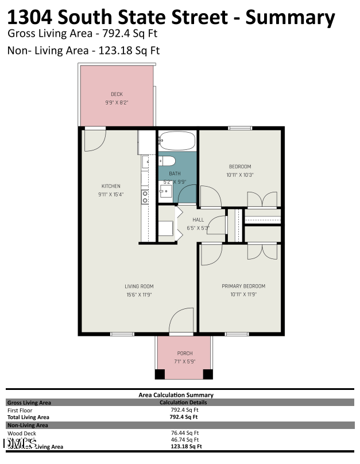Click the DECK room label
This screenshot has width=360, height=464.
pyautogui.click(x=117, y=94)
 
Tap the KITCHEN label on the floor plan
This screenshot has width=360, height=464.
pyautogui.click(x=111, y=186)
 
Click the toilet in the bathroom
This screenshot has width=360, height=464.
pyautogui.click(x=167, y=160)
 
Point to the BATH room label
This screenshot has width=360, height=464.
pyautogui.click(x=175, y=173)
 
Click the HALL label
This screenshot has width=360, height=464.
pyautogui.click(x=198, y=219)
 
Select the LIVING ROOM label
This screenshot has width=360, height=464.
pyautogui.click(x=139, y=286)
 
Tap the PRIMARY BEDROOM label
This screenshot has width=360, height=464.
pyautogui.click(x=243, y=286)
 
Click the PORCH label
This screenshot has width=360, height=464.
pyautogui.click(x=185, y=353)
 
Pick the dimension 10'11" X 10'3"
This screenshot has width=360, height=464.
pyautogui.click(x=240, y=175)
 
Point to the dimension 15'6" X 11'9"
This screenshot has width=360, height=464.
pyautogui.click(x=139, y=295)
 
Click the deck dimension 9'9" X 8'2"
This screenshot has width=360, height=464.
pyautogui.click(x=117, y=102)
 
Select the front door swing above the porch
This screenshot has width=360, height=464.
pyautogui.click(x=183, y=320)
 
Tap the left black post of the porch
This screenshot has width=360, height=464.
pyautogui.click(x=160, y=374)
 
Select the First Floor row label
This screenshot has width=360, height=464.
pyautogui.click(x=20, y=410)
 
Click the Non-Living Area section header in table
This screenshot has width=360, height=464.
pyautogui.click(x=28, y=425)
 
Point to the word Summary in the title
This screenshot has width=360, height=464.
pyautogui.click(x=290, y=17)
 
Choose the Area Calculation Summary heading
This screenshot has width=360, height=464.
pyautogui.click(x=176, y=395)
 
